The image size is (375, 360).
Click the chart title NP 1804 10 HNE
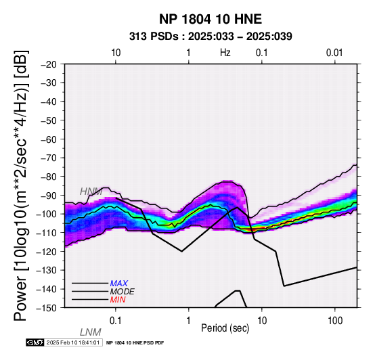point(211,19)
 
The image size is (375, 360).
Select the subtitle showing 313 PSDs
point(211,37)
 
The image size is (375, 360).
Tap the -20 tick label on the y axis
point(49,64)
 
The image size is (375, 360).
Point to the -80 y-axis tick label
point(49,177)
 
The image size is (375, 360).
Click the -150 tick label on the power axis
point(47,308)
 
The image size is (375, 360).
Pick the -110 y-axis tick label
point(47,233)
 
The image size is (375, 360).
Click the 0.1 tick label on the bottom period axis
point(116,321)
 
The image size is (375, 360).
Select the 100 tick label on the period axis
point(335,321)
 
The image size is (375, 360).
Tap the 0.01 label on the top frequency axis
point(334,53)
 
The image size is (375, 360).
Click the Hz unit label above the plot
point(225,53)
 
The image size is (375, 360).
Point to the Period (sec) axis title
point(225,328)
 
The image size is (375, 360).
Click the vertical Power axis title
point(21,185)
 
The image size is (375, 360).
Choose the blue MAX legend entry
point(119,284)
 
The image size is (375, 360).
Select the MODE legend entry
point(123,292)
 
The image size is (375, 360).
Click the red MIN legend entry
point(118,300)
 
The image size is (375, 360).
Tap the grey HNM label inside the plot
point(91,192)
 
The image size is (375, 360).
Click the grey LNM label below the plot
point(91,332)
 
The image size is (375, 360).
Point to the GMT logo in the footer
point(35,342)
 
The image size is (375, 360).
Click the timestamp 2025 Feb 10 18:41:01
point(73,342)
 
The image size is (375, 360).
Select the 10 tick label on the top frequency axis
point(116,53)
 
